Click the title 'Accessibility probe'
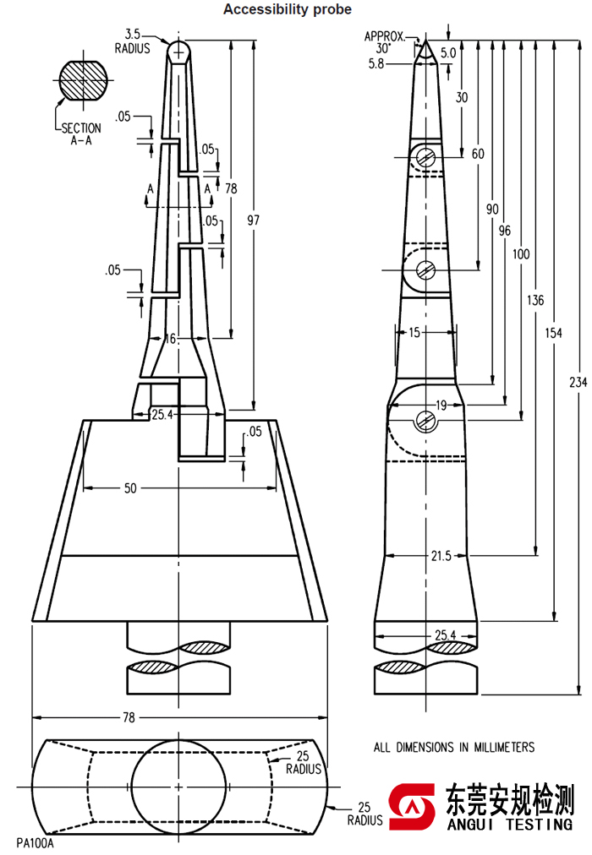(x=288, y=9)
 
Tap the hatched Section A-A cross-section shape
(x=84, y=80)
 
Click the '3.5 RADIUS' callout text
(x=133, y=41)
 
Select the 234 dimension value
(x=578, y=382)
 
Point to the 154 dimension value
(x=553, y=333)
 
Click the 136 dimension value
(x=535, y=300)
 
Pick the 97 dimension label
(x=253, y=221)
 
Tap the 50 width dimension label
(x=130, y=488)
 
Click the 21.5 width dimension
(x=441, y=556)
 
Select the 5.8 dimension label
(x=376, y=64)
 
